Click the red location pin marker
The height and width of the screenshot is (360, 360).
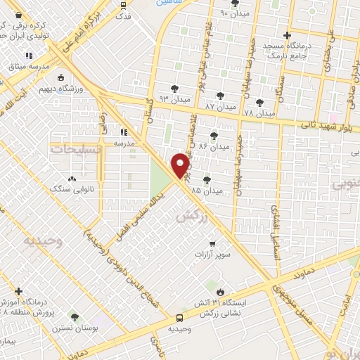tap(181, 165)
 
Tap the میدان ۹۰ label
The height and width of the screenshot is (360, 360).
tap(234, 13)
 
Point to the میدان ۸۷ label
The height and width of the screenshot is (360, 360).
tap(221, 108)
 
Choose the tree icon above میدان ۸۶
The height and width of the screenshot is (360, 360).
tap(214, 135)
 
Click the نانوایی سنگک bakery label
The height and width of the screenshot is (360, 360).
tap(70, 188)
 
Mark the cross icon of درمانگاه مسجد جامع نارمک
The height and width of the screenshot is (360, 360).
tap(287, 35)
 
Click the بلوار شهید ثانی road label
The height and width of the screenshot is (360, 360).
tap(329, 127)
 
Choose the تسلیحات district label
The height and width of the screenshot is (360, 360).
tap(72, 149)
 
